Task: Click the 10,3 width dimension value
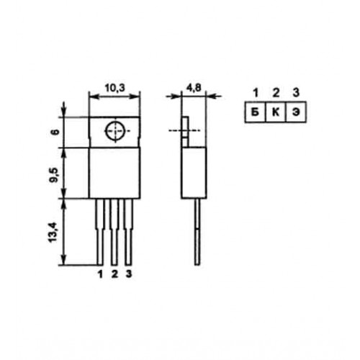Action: tap(115, 88)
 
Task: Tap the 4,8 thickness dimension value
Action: tap(194, 88)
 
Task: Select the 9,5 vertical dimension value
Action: tap(55, 175)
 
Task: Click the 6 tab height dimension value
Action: tap(55, 132)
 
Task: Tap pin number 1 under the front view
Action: tap(100, 274)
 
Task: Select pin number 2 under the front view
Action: tap(114, 274)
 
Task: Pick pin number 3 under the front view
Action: tap(129, 274)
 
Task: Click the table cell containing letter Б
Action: tap(255, 112)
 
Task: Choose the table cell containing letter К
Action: tap(276, 112)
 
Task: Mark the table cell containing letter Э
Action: tap(296, 112)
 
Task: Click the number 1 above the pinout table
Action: tap(256, 93)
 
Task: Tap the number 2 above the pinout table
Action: tap(276, 93)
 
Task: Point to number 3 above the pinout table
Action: tap(296, 93)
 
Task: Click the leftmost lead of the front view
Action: tap(100, 232)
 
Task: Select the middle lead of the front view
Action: tap(114, 232)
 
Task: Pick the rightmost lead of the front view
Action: tap(129, 232)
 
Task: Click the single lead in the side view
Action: tap(197, 232)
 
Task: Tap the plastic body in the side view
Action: tap(194, 173)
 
